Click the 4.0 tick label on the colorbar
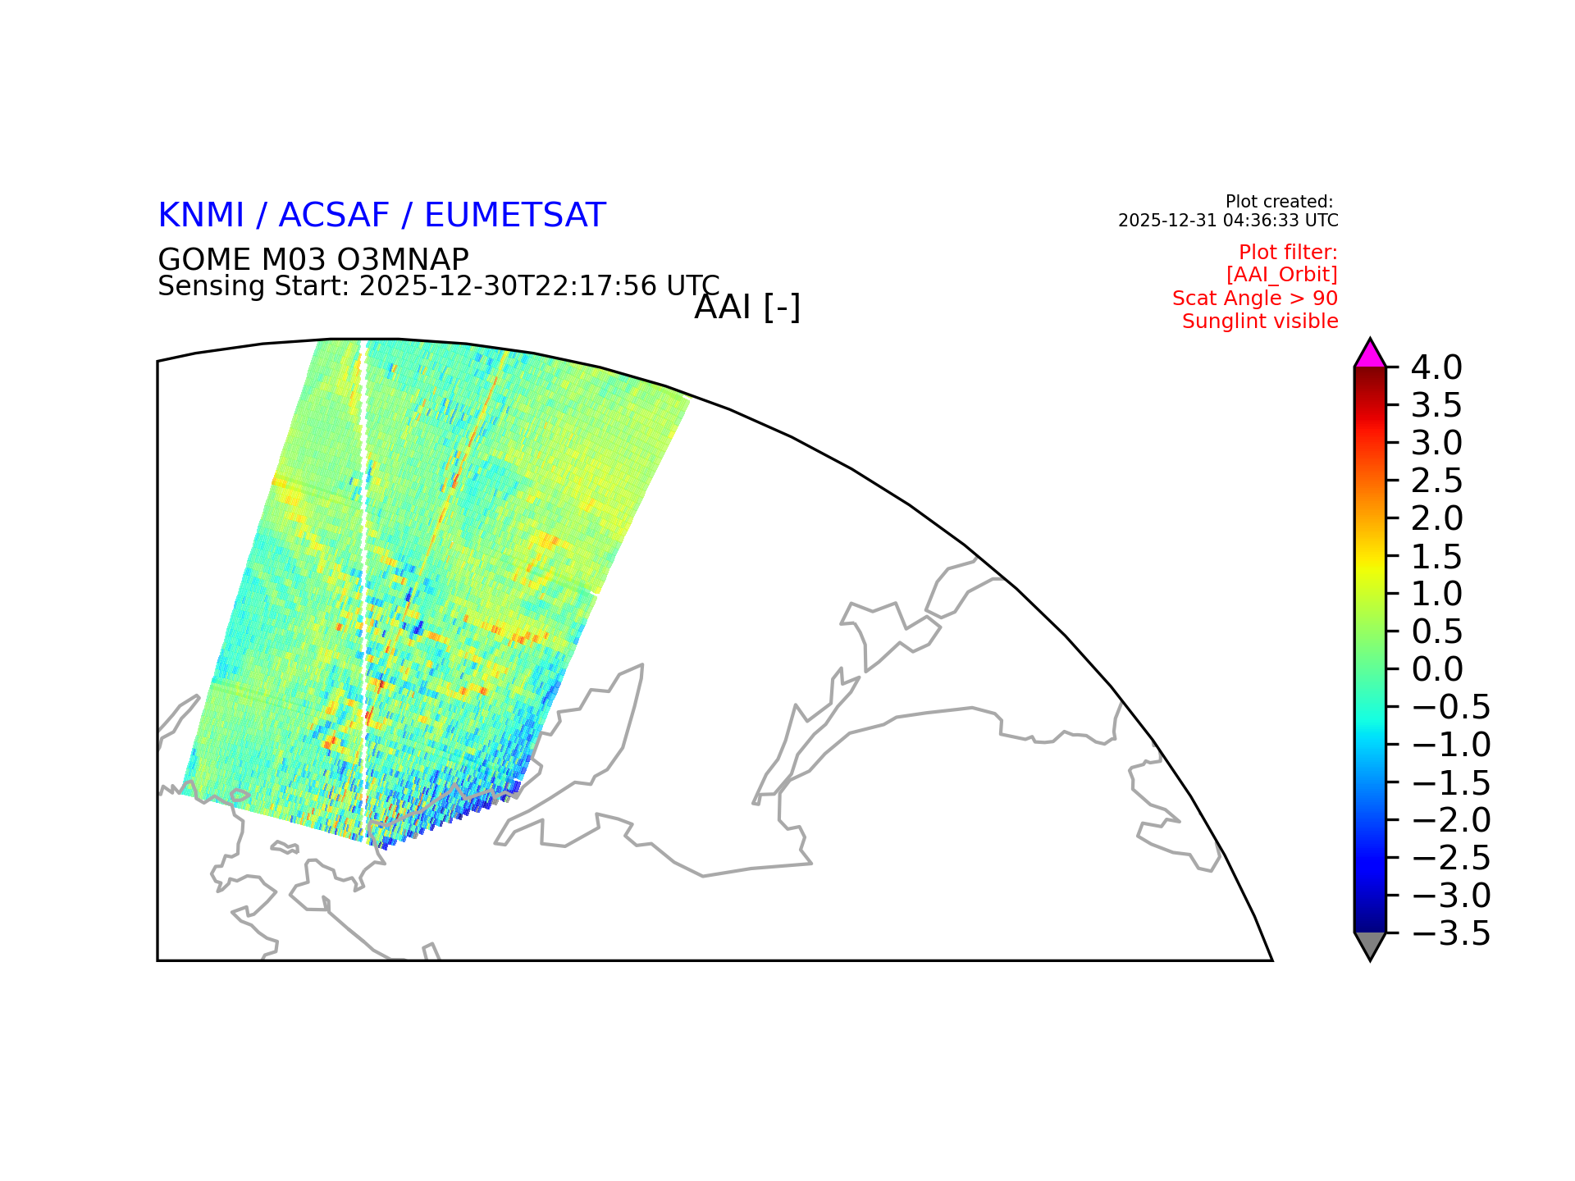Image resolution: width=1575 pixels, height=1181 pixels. coord(1436,367)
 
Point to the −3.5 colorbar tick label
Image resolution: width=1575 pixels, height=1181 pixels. coord(1451,933)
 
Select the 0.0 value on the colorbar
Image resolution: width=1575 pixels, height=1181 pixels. coord(1437,669)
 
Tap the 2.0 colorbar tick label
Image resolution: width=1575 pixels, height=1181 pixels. coord(1437,518)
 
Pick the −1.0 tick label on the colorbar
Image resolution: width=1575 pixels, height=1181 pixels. coord(1451,745)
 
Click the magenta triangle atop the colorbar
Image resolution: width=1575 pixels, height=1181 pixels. coord(1370,354)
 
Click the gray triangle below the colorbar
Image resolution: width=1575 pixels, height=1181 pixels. coord(1370,946)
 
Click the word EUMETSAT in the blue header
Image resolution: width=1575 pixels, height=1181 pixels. coord(515,215)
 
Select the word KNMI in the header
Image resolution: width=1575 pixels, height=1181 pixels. coord(201,215)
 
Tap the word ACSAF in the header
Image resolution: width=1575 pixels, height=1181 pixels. coord(334,215)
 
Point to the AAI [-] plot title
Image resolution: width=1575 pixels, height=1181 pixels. coord(747,308)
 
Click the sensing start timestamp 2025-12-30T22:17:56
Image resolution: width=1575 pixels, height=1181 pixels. coord(509,285)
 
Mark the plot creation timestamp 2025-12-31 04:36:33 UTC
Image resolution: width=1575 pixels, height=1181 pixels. coord(1228,221)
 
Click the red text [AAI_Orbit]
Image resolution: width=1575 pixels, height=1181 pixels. coord(1282,275)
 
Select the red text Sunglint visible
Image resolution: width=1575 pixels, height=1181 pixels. coord(1260,321)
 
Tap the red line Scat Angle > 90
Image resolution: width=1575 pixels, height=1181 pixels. coord(1255,299)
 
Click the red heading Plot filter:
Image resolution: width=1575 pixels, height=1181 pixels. coord(1288,252)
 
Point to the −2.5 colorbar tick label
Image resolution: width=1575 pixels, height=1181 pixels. coord(1451,858)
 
